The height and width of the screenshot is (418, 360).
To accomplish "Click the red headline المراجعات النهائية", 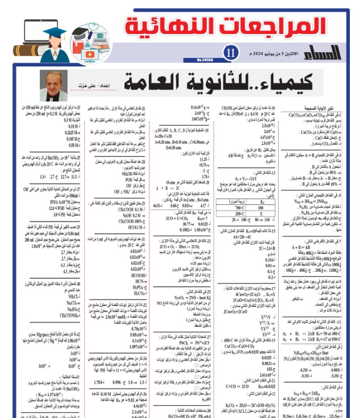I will [x=225, y=25].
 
